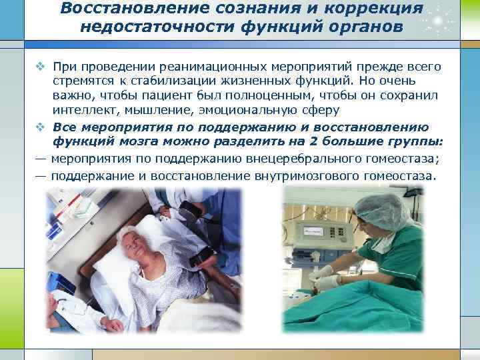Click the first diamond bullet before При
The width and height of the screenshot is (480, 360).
coord(40,67)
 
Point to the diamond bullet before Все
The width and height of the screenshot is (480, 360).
coord(40,127)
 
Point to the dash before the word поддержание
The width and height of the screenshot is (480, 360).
coord(41,176)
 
